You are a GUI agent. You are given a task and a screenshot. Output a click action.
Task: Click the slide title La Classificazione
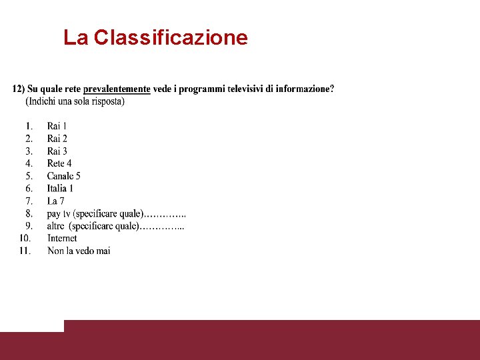[155, 37]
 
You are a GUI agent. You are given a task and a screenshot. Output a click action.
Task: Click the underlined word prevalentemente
[117, 89]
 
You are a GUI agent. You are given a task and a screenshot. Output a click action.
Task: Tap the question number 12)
[18, 89]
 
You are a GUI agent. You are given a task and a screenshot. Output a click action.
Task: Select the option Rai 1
[57, 126]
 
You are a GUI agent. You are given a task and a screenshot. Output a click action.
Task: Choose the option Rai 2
[57, 139]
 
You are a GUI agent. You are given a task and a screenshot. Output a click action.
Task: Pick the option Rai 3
[57, 151]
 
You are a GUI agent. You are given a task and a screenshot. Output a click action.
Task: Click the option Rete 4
[59, 163]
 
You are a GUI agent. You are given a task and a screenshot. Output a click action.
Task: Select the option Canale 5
[63, 176]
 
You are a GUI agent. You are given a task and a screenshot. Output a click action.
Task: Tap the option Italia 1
[60, 189]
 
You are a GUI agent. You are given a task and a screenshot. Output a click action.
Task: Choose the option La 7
[55, 201]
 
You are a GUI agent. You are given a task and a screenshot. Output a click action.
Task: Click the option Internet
[62, 238]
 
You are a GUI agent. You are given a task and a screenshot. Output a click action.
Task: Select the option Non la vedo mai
[79, 251]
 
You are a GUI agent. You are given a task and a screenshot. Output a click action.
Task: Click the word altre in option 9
[56, 226]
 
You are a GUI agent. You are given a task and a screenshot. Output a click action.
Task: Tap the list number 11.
[25, 251]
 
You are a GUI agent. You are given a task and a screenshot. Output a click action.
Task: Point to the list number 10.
[25, 238]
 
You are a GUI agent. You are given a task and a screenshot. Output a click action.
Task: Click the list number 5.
[29, 176]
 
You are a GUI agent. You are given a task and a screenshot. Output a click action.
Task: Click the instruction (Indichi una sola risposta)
[75, 101]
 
